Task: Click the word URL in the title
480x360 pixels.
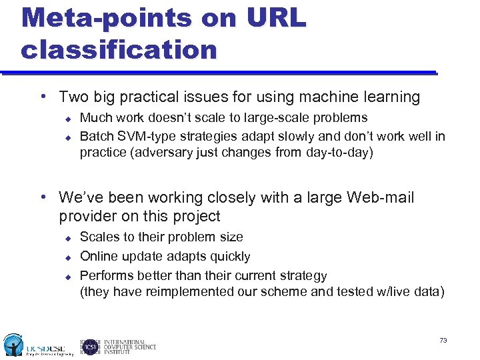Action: pos(275,18)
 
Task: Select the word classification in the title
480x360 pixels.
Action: pos(119,49)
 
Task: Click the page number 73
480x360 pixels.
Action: pos(443,341)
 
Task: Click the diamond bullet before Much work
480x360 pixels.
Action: pos(67,119)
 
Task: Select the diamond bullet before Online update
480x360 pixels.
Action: pos(67,257)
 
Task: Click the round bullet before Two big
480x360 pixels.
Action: pos(43,97)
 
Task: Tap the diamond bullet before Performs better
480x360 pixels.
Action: pos(67,276)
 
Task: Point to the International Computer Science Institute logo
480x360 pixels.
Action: pos(119,345)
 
